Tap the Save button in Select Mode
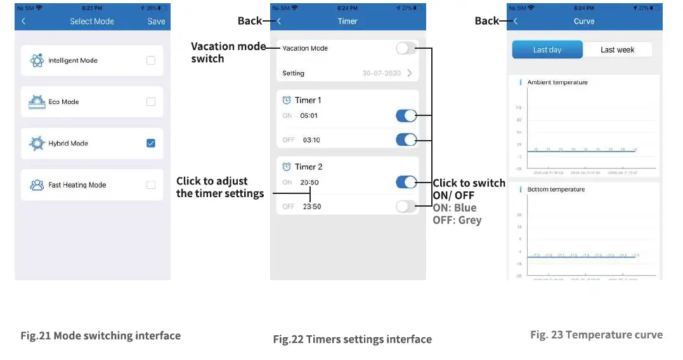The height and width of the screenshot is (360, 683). pyautogui.click(x=156, y=22)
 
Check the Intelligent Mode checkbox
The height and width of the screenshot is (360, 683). pyautogui.click(x=150, y=61)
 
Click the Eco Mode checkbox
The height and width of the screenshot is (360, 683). pyautogui.click(x=150, y=102)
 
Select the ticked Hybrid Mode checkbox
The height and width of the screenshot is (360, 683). pyautogui.click(x=150, y=143)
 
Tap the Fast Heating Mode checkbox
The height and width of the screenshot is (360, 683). pyautogui.click(x=150, y=185)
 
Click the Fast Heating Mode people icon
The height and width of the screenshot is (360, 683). pyautogui.click(x=37, y=185)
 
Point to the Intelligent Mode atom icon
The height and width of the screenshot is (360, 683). pyautogui.click(x=37, y=61)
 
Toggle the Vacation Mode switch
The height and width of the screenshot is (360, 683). pyautogui.click(x=406, y=48)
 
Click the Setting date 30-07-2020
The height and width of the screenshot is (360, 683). pyautogui.click(x=381, y=74)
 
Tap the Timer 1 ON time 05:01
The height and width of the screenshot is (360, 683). pyautogui.click(x=309, y=116)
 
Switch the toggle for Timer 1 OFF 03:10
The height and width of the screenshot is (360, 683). pyautogui.click(x=406, y=139)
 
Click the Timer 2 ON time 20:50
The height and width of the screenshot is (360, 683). pyautogui.click(x=309, y=183)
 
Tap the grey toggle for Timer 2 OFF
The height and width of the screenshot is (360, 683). pyautogui.click(x=406, y=206)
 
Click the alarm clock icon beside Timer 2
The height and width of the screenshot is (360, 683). pyautogui.click(x=287, y=167)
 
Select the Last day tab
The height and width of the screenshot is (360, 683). pyautogui.click(x=547, y=50)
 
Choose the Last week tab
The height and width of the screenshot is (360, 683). pyautogui.click(x=617, y=50)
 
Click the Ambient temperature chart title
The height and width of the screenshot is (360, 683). pyautogui.click(x=557, y=82)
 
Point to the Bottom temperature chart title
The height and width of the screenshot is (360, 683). pyautogui.click(x=556, y=190)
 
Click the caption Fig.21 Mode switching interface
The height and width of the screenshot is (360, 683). pyautogui.click(x=100, y=336)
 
